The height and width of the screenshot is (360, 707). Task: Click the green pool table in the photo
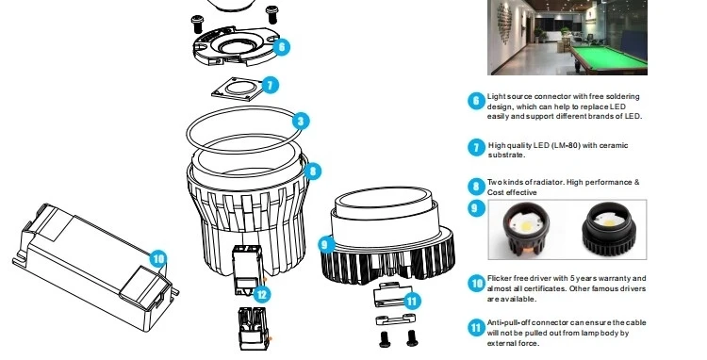[x=609, y=57]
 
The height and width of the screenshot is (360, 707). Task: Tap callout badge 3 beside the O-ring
[x=301, y=121]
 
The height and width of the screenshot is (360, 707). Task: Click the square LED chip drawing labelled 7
[x=238, y=89]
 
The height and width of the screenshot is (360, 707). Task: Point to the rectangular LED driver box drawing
[x=94, y=267]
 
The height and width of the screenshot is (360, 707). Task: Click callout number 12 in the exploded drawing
[x=262, y=295]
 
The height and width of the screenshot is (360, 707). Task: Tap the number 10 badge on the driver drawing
[x=157, y=258]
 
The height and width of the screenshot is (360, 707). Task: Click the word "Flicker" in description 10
[x=499, y=278]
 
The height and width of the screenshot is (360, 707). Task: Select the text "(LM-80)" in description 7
[x=566, y=145]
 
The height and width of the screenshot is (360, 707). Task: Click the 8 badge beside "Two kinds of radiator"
[x=476, y=187]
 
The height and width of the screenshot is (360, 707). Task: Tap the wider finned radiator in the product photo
[x=609, y=229]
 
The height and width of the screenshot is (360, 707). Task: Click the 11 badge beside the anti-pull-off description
[x=476, y=328]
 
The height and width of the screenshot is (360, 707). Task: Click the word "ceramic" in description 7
[x=614, y=145]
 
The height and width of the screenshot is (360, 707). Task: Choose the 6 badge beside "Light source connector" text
[x=476, y=101]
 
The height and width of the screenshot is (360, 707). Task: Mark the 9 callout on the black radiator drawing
[x=326, y=245]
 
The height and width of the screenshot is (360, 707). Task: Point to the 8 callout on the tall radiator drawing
[x=312, y=172]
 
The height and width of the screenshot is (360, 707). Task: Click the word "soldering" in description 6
[x=623, y=96]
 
